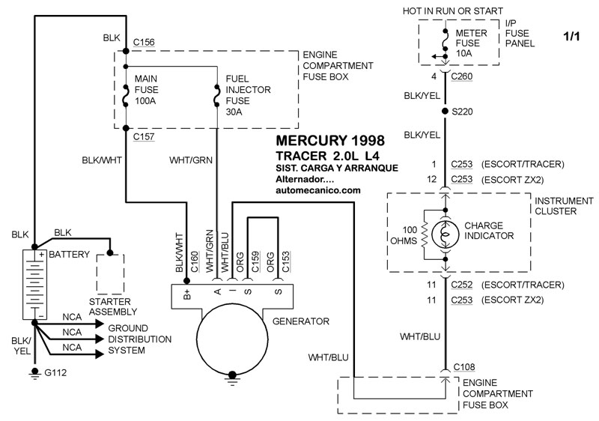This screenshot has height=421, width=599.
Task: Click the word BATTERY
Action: [71, 254]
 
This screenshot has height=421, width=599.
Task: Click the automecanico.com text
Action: [318, 191]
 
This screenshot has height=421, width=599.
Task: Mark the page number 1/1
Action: [571, 36]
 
